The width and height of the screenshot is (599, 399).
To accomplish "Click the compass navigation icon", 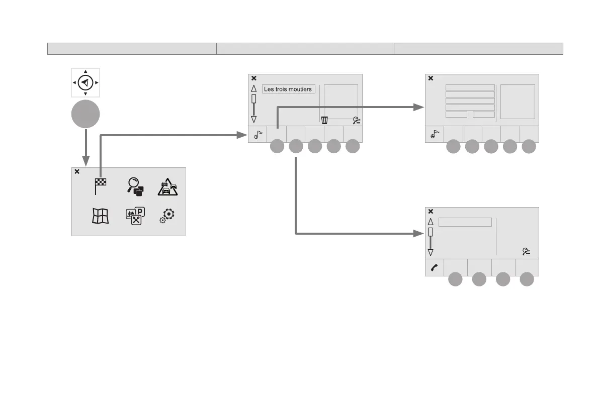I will pyautogui.click(x=85, y=82).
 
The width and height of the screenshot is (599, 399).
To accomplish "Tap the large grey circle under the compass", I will pyautogui.click(x=85, y=114).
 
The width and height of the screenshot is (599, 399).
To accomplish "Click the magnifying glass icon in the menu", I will pyautogui.click(x=135, y=186).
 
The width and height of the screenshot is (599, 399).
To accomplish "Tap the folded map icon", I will pyautogui.click(x=100, y=216).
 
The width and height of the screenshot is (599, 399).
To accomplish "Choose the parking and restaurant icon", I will pyautogui.click(x=135, y=216).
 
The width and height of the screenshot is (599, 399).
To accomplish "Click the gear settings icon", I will pyautogui.click(x=168, y=215).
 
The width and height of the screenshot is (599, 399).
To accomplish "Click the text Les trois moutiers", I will pyautogui.click(x=289, y=89).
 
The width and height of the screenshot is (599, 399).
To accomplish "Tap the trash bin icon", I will pyautogui.click(x=325, y=120).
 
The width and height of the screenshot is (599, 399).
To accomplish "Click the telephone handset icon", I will pyautogui.click(x=435, y=268).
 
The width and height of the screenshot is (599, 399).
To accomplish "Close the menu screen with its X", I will pyautogui.click(x=77, y=172).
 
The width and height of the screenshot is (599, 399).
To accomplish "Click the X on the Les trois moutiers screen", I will pyautogui.click(x=254, y=78).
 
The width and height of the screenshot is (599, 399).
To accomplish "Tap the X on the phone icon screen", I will pyautogui.click(x=431, y=212).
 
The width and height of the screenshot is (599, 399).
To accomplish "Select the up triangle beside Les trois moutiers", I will pyautogui.click(x=254, y=88).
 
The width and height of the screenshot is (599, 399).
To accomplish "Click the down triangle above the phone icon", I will pyautogui.click(x=431, y=252).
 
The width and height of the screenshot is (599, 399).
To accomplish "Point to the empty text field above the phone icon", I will pyautogui.click(x=465, y=222).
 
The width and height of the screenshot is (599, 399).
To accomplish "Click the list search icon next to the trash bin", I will pyautogui.click(x=357, y=120).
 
